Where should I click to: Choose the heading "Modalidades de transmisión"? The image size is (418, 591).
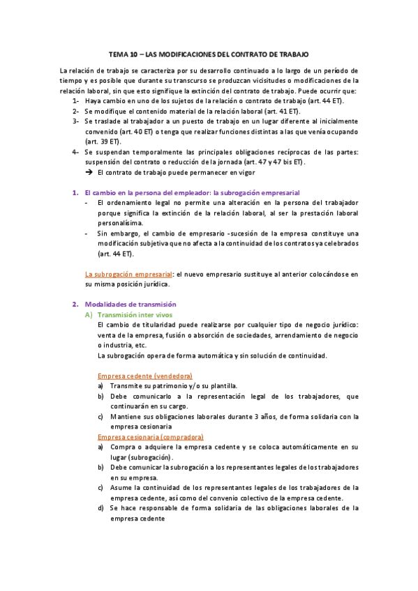coord(130,305)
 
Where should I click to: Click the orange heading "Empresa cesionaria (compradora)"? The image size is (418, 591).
coord(150,436)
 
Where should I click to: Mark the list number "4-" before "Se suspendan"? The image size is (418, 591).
coord(75,151)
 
